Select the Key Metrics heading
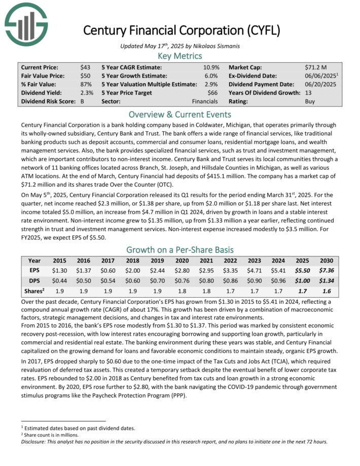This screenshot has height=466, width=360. coord(180,56)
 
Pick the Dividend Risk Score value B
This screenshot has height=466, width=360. coord(82,101)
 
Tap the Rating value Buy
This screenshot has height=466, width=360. coord(310,101)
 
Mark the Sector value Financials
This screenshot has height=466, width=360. coord(205,101)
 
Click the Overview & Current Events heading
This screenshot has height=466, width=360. coord(180,114)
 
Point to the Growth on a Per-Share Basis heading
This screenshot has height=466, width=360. coord(180,249)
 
